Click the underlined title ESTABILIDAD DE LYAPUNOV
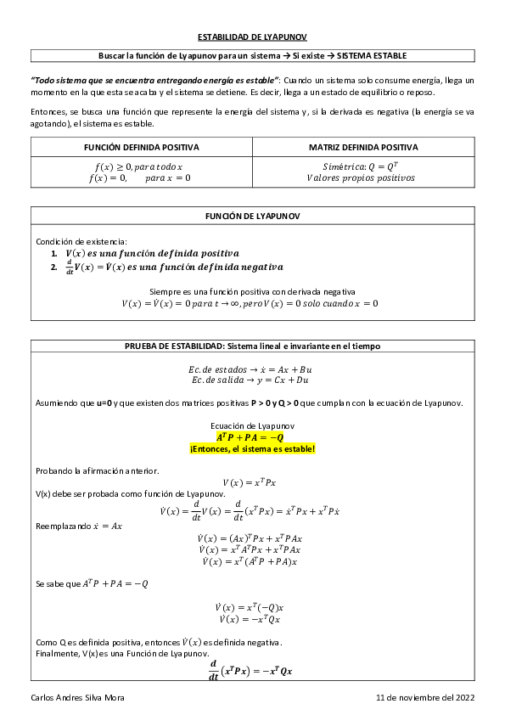coord(252,37)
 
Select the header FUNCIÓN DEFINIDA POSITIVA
coord(142,147)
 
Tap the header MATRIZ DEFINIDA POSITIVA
coord(363,147)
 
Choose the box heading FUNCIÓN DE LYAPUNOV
coord(252,216)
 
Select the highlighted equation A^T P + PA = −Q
coord(252,436)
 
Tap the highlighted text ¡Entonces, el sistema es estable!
coord(252,448)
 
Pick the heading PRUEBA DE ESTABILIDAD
coord(252,346)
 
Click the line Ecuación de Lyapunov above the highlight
coord(252,425)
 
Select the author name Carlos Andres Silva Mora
coord(82,696)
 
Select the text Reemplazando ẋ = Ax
coord(79,526)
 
